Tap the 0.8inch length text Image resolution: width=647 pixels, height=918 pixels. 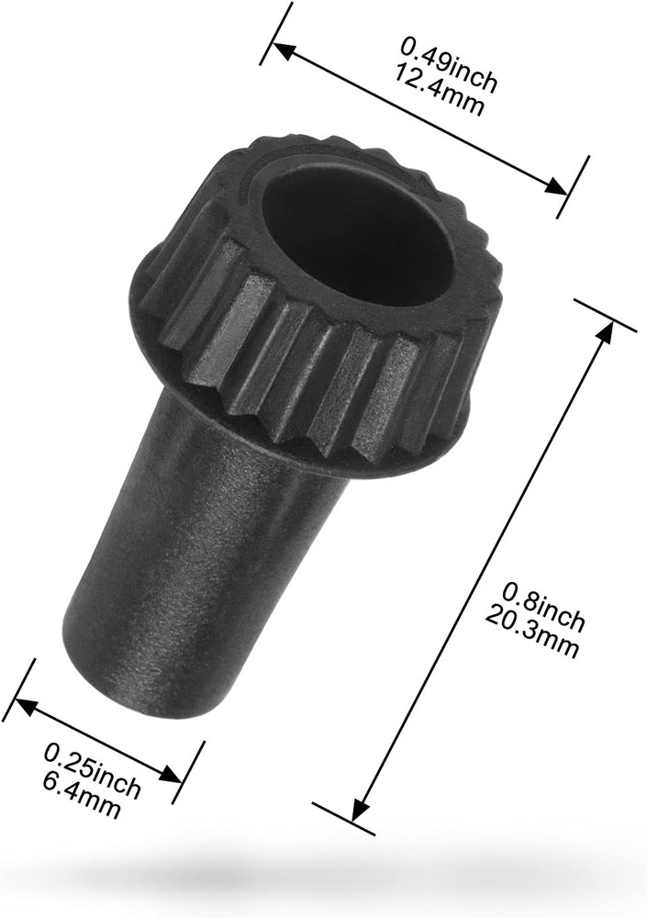(x=545, y=603)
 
